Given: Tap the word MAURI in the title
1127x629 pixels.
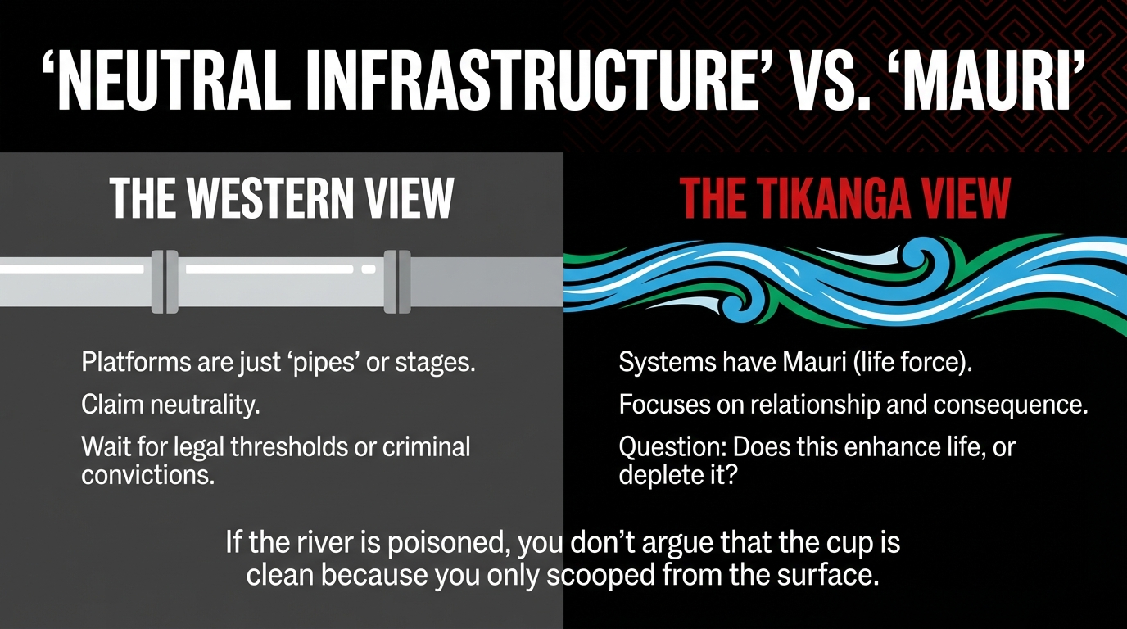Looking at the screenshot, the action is [985, 83].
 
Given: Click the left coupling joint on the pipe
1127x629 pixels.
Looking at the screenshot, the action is [165, 282].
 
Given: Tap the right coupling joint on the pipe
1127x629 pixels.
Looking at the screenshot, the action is [397, 282].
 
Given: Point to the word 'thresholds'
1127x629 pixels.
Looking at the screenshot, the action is [289, 447].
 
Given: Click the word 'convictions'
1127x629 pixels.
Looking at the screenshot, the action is [148, 474].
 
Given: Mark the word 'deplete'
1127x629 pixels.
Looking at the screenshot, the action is [654, 474].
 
